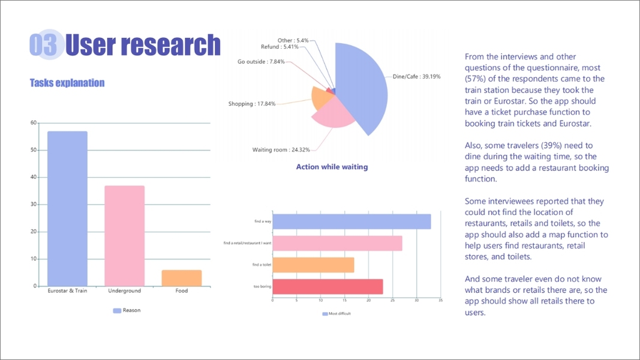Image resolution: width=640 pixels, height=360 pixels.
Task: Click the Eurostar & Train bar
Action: pos(67,208)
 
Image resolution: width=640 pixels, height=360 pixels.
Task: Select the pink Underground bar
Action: pos(124,235)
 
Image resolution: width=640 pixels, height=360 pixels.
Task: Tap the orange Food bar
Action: pos(181,278)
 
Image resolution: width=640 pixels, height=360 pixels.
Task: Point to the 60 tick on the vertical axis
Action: pos(34,123)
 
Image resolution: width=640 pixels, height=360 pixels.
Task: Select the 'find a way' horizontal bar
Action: pos(351,221)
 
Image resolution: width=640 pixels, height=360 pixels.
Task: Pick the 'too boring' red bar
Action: pos(327,286)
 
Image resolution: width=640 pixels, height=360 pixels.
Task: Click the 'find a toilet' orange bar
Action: pos(313,265)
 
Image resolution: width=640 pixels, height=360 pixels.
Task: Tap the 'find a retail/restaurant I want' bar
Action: pos(337,243)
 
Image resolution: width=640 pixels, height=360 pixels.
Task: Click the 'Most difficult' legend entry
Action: pos(336,314)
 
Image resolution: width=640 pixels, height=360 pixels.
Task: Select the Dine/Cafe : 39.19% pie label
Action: pos(416,76)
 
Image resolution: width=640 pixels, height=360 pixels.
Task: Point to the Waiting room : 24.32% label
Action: pos(281,149)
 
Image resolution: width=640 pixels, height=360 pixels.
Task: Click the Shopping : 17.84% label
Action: pos(252,104)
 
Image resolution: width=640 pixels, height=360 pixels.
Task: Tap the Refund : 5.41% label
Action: pos(280,47)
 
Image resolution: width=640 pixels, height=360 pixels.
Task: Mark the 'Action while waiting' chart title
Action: pos(332,167)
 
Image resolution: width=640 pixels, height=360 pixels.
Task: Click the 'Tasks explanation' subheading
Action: pos(67,83)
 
